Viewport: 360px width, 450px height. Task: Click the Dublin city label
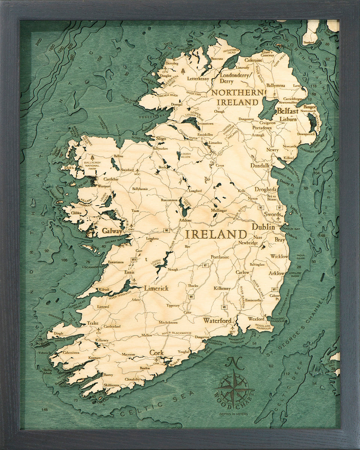tap(263, 227)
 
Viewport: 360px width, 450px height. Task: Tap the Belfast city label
tap(288, 111)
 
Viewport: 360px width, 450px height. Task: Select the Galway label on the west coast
tap(112, 231)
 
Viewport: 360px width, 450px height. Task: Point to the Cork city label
tap(157, 352)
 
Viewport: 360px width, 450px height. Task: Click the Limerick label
tap(156, 288)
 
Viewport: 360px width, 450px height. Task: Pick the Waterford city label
tap(217, 321)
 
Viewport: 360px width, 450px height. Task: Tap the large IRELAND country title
tap(216, 235)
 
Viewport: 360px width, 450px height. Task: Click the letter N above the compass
tap(232, 363)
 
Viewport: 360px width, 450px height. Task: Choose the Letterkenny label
tap(198, 79)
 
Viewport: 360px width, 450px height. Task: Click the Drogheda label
tap(265, 189)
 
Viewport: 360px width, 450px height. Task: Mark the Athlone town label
tap(185, 220)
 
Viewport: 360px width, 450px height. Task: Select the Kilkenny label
tap(222, 288)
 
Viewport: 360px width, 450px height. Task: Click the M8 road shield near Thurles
tap(191, 297)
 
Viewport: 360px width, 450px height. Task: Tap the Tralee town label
tap(93, 323)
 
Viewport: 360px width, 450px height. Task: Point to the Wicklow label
tap(279, 256)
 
